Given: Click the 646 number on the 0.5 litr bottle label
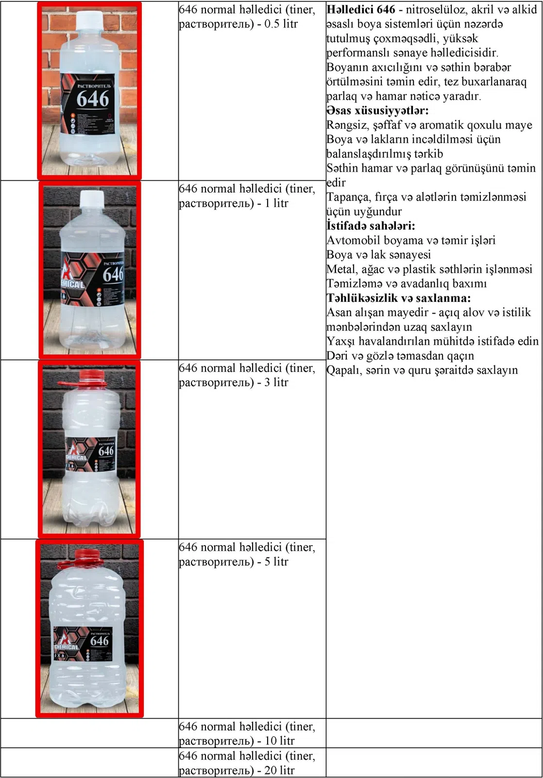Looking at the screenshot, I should point(92,99).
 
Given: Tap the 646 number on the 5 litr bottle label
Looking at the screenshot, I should point(100,641).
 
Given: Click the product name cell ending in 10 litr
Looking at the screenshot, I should point(247,733).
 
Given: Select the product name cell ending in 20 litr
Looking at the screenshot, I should point(247,763).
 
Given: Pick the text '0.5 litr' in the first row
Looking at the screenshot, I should point(281,24).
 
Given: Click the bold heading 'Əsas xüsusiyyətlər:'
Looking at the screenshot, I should point(377,110).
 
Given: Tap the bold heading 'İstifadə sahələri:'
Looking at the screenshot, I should point(371,226).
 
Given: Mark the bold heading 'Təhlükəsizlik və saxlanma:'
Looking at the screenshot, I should point(398,298).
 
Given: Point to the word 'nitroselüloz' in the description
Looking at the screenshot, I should point(435,9).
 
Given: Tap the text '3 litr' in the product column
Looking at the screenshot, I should point(276,382).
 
